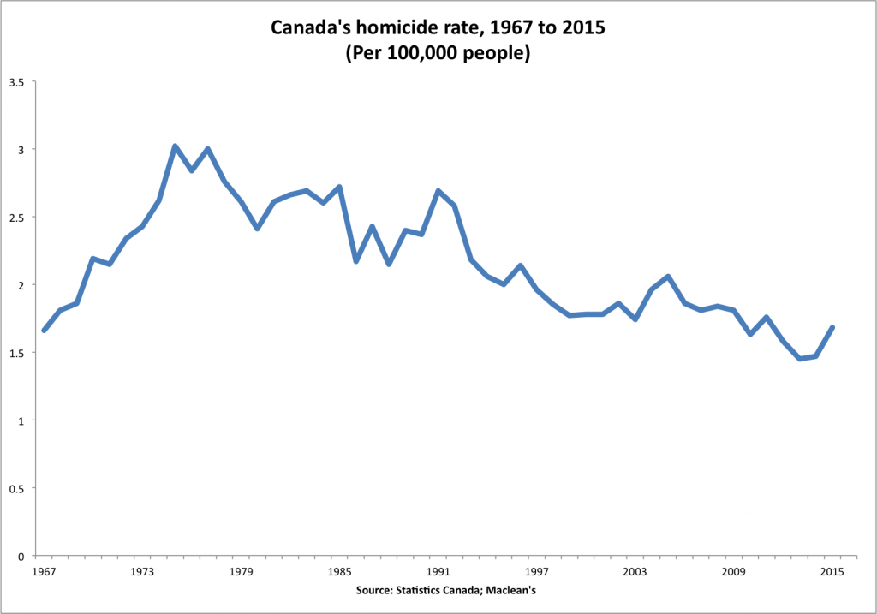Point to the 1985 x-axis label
pyautogui.click(x=339, y=570)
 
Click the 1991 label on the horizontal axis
pyautogui.click(x=438, y=570)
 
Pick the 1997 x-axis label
pyautogui.click(x=536, y=570)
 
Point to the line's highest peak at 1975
pyautogui.click(x=175, y=146)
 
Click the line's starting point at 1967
pyautogui.click(x=44, y=331)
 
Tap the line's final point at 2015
pyautogui.click(x=832, y=327)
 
